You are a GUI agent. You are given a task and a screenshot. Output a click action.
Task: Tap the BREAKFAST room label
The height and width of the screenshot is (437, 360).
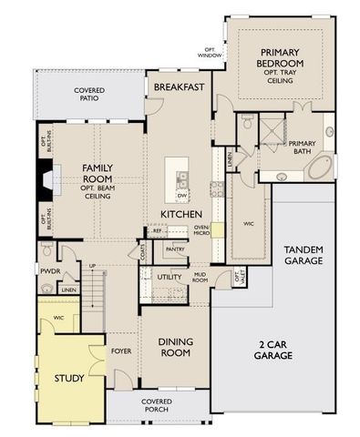178,86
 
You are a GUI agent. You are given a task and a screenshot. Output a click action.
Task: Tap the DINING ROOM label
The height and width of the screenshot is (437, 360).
174,347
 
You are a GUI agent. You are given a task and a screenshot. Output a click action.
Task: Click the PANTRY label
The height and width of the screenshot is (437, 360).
175,249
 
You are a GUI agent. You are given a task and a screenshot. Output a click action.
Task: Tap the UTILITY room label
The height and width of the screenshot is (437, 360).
169,276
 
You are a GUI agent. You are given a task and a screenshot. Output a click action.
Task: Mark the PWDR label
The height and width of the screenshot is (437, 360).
49,270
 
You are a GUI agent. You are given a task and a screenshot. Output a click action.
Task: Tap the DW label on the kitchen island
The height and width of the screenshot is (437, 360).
182,196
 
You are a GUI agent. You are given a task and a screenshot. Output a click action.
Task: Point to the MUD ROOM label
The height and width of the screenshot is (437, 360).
201,279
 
